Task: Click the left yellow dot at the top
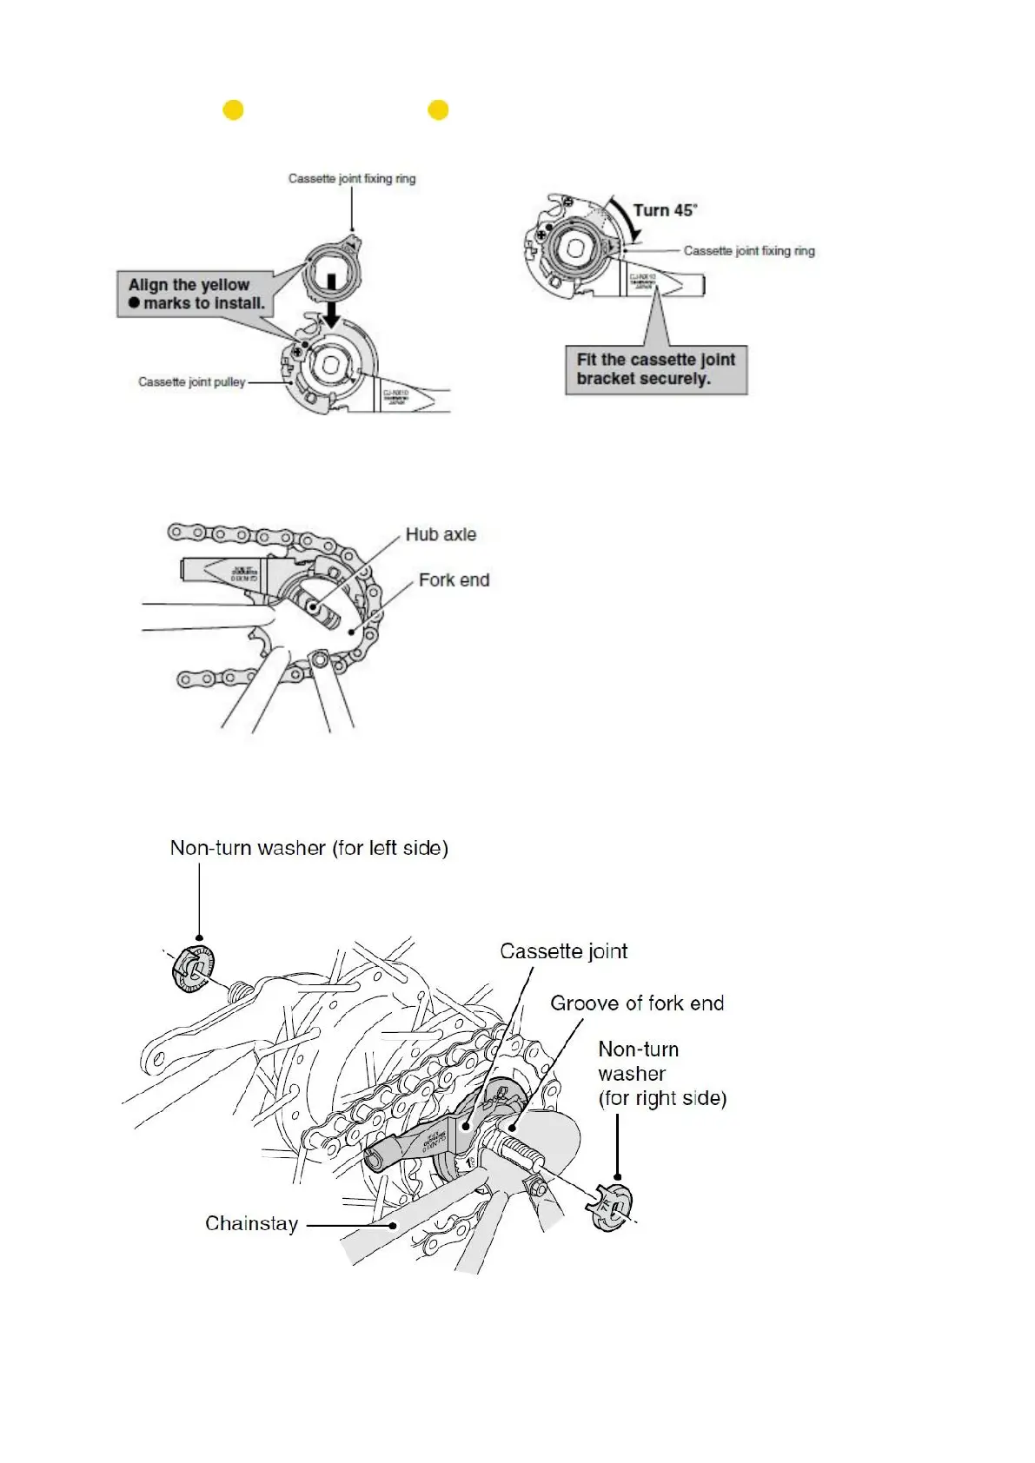[x=233, y=110]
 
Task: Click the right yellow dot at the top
[x=438, y=110]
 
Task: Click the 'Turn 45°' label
[x=665, y=210]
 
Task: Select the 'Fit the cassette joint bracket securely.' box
[x=656, y=369]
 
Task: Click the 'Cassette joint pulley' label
[x=192, y=381]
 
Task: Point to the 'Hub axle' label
[x=441, y=534]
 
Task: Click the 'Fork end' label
[x=454, y=579]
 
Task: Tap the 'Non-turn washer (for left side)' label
[x=309, y=848]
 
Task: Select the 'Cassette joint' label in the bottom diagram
[x=563, y=951]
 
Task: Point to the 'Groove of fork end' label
[x=637, y=1003]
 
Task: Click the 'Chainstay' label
[x=251, y=1223]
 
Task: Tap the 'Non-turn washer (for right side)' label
[x=661, y=1074]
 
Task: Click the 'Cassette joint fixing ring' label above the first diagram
[x=352, y=179]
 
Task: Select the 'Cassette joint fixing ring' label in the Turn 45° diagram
[x=749, y=251]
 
